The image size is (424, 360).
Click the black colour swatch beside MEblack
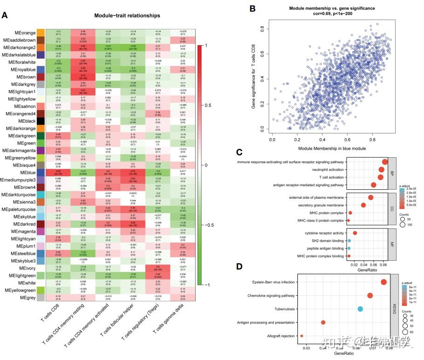click(41, 121)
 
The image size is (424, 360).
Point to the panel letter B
click(252, 8)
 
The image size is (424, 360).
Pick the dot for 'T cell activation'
click(380, 177)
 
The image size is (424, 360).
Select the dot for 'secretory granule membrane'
click(363, 205)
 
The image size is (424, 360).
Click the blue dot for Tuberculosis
click(360, 309)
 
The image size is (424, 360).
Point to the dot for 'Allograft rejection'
click(301, 336)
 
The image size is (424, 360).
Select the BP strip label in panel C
click(391, 173)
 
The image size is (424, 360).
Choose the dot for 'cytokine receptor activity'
click(355, 233)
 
